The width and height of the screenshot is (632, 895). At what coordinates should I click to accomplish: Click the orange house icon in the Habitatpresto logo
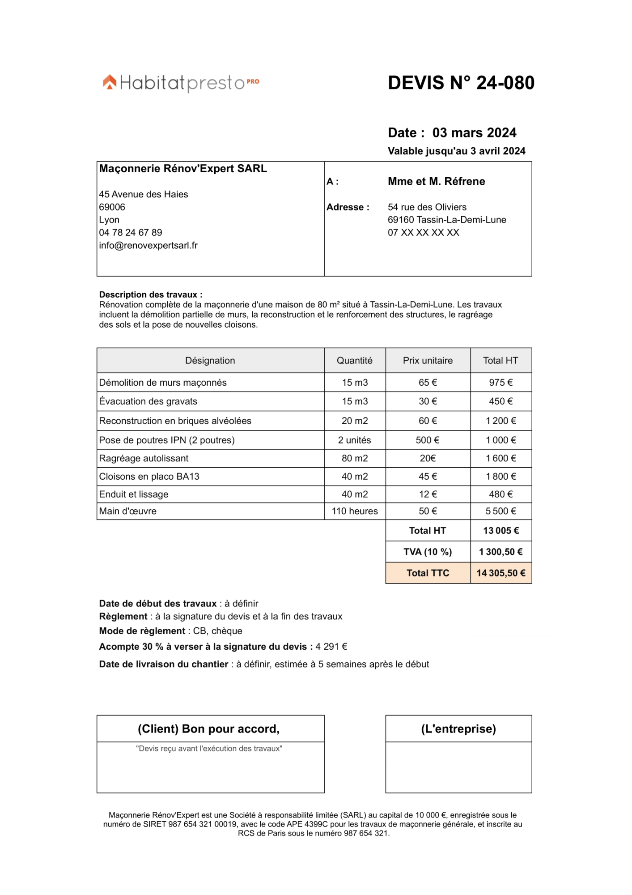(110, 82)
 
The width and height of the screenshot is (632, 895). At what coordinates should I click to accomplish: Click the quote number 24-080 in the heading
(505, 83)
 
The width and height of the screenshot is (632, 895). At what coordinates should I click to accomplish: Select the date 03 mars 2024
(474, 133)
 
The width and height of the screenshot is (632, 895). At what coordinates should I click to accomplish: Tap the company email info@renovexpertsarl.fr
(148, 246)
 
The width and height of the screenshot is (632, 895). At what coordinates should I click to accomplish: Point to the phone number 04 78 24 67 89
(131, 233)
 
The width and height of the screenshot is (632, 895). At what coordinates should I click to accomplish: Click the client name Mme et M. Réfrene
(436, 182)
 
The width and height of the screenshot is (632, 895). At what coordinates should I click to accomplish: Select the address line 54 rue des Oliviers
(427, 207)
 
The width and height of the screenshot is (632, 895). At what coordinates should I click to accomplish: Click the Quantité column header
(354, 361)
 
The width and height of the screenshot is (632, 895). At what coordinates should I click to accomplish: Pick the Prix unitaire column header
(428, 361)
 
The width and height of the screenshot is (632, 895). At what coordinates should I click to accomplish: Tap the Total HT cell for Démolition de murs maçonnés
(501, 383)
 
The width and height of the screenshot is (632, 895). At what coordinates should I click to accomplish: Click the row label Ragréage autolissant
(144, 459)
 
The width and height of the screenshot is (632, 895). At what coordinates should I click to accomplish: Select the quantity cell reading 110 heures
(354, 511)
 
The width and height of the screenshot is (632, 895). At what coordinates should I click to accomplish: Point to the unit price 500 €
(427, 440)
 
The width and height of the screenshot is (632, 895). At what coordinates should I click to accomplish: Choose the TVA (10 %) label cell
(428, 552)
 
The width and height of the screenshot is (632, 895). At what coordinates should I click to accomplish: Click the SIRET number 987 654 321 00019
(202, 824)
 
